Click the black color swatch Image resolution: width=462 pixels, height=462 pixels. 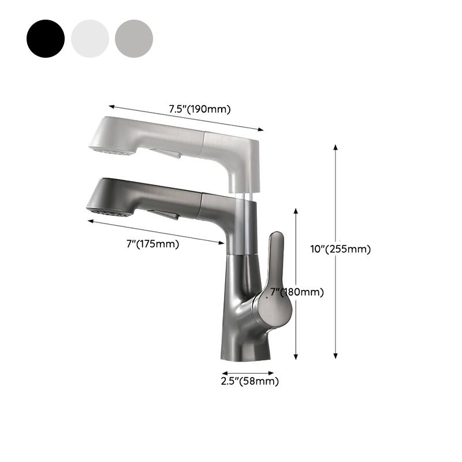[x=45, y=38]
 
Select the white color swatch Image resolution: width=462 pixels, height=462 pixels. [x=90, y=38]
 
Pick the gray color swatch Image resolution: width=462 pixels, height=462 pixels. [x=134, y=38]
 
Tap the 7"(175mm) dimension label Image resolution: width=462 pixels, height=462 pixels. [x=152, y=244]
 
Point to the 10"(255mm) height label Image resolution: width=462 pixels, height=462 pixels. [x=341, y=249]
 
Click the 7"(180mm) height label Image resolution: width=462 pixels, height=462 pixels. [x=297, y=292]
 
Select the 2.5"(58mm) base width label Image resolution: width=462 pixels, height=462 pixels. [x=249, y=381]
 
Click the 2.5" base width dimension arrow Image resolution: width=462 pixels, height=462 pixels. [x=248, y=373]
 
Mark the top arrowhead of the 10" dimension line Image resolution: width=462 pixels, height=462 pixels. [x=336, y=146]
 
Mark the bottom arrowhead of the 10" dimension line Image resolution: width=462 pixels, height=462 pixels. [x=336, y=357]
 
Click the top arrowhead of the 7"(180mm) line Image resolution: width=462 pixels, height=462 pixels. [x=296, y=210]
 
